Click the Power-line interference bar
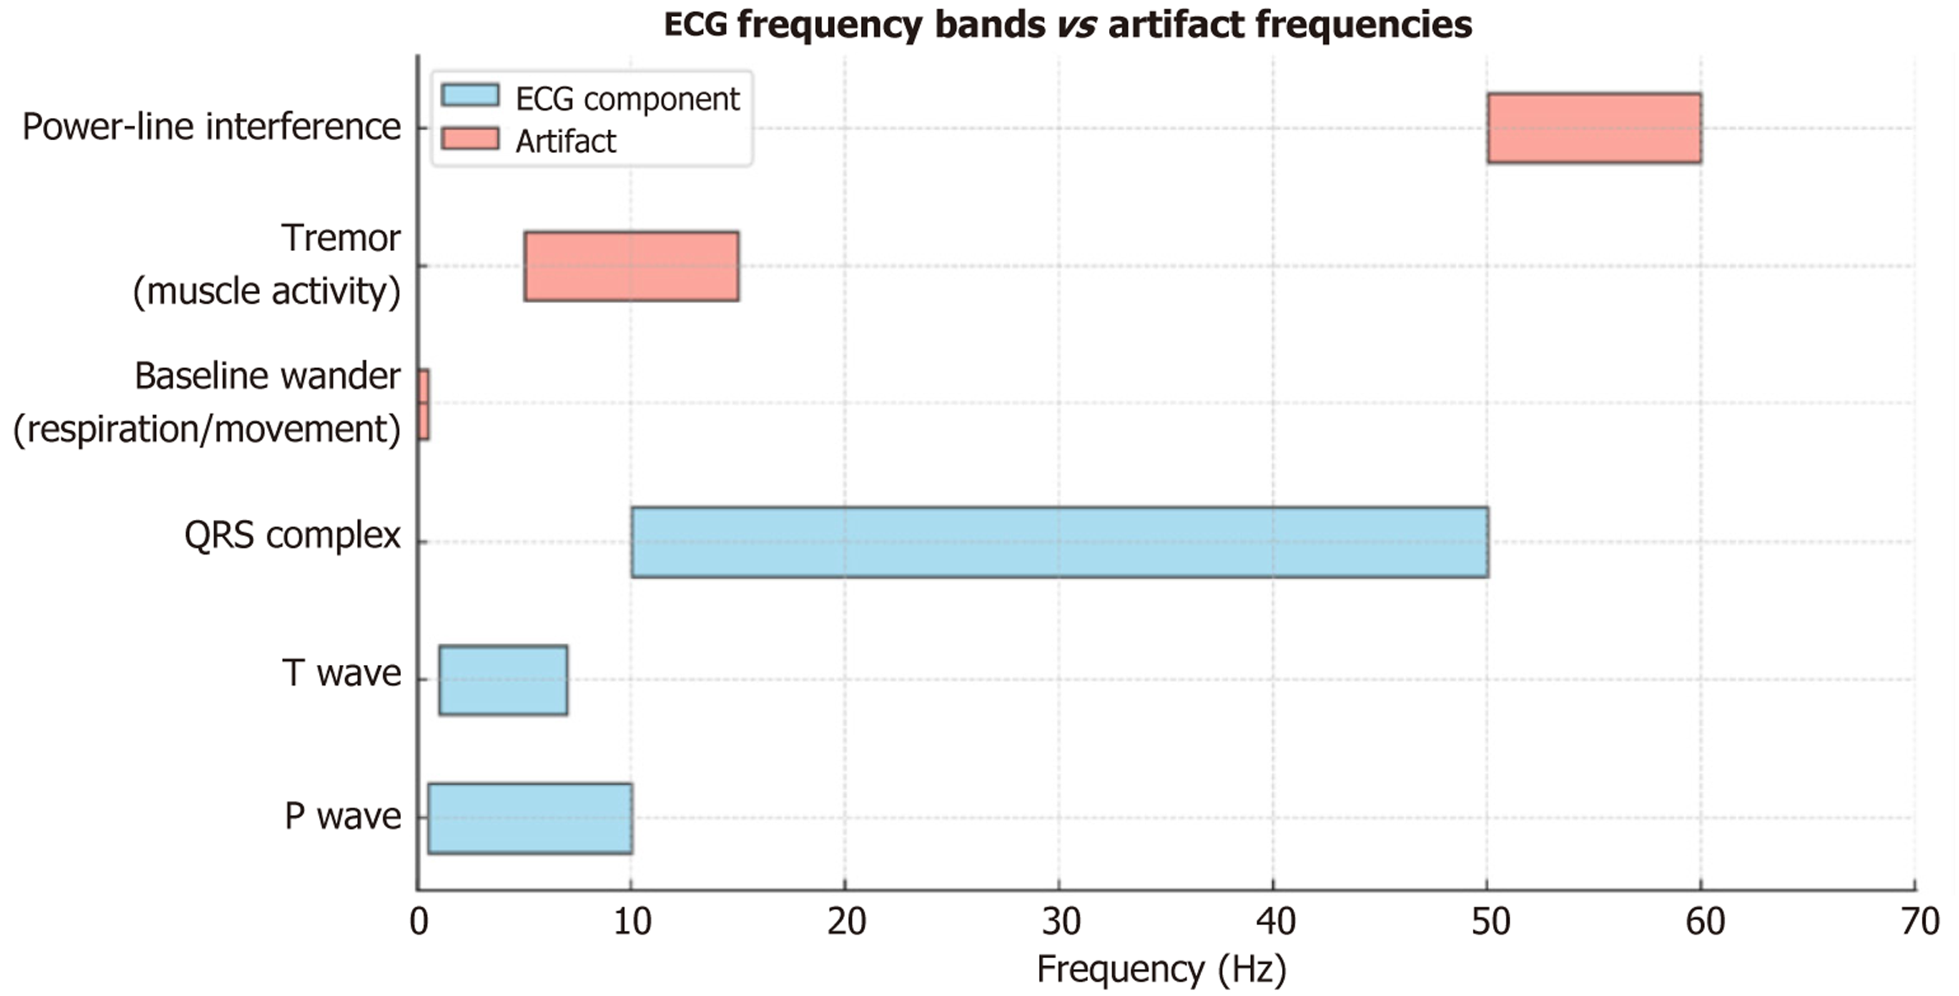point(1594,127)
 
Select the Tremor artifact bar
point(631,266)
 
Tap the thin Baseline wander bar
point(424,404)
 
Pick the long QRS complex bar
point(1059,542)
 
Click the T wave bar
point(503,679)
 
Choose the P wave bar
point(529,818)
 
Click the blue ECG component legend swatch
point(470,95)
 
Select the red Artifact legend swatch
point(470,138)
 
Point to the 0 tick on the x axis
point(419,921)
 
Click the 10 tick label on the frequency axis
point(632,921)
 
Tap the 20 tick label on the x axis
point(847,921)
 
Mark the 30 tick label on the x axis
point(1061,921)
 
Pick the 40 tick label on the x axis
point(1275,921)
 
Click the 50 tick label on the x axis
point(1490,921)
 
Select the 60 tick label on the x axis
point(1704,921)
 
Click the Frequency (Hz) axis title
point(1161,969)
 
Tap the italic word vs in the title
point(1076,24)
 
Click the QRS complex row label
point(292,535)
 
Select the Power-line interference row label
point(211,127)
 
